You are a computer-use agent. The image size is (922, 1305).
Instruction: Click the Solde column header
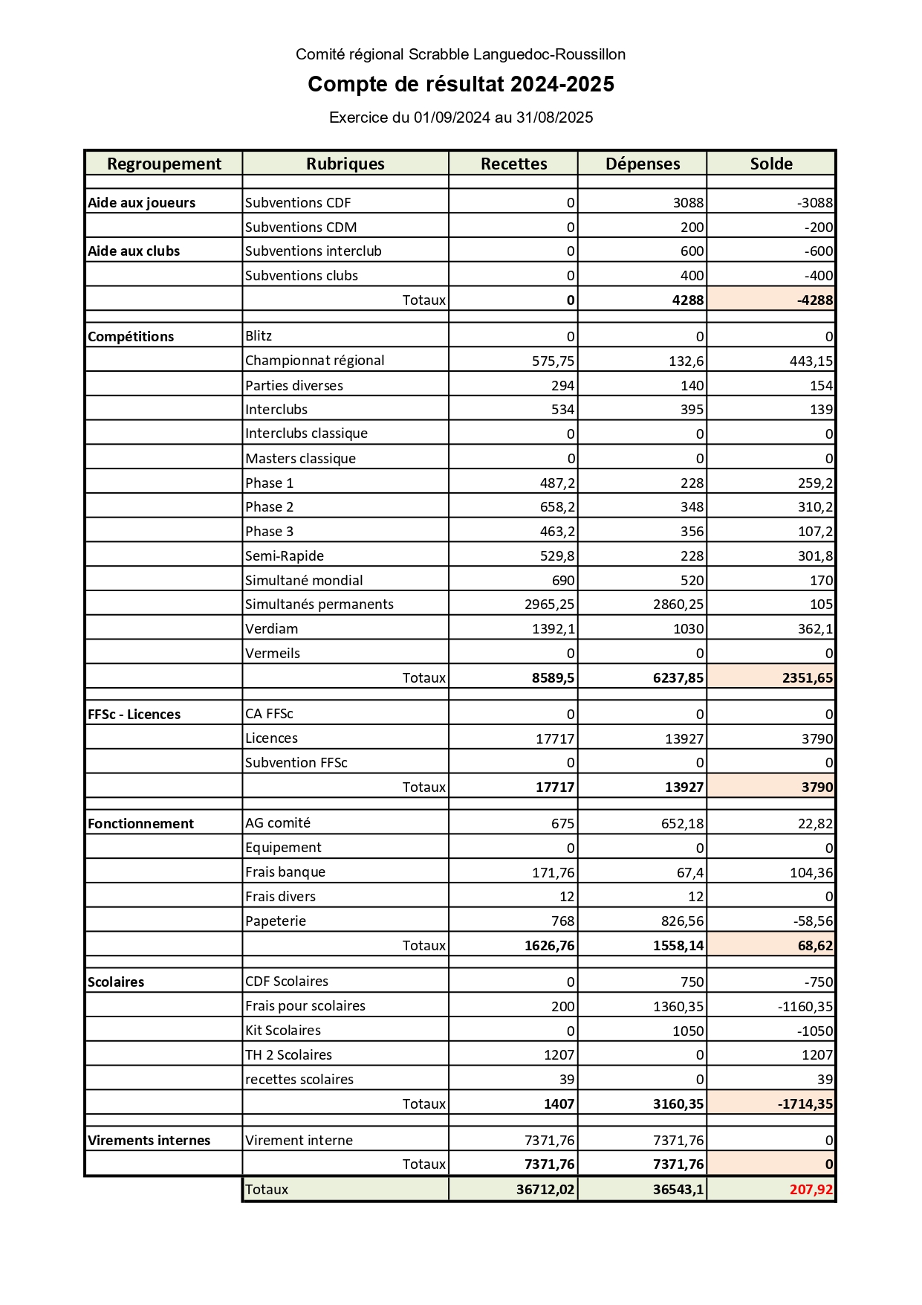(x=771, y=164)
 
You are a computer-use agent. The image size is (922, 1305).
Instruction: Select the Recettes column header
(x=513, y=164)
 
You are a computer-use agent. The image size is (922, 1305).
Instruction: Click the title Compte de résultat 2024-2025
(x=461, y=84)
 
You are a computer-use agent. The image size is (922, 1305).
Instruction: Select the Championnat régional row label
(x=315, y=361)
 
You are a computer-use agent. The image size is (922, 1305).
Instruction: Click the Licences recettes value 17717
(x=555, y=738)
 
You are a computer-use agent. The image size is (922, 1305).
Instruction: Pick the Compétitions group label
(x=131, y=337)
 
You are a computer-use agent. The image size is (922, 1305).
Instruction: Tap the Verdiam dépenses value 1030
(x=688, y=629)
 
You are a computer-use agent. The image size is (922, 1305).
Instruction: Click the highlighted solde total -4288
(x=814, y=300)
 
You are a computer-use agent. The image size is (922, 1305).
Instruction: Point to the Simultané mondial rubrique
(x=304, y=581)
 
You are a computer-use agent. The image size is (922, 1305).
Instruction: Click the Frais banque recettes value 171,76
(x=553, y=872)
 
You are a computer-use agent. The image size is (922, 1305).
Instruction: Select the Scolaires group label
(x=116, y=982)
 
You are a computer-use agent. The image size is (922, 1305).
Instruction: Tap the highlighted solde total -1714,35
(x=805, y=1104)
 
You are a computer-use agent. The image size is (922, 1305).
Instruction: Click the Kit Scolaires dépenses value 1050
(x=688, y=1031)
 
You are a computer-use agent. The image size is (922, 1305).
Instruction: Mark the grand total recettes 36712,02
(x=545, y=1190)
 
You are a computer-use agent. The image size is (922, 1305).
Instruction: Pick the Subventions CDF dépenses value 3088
(x=688, y=203)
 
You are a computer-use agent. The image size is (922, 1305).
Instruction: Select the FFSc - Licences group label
(x=134, y=715)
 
